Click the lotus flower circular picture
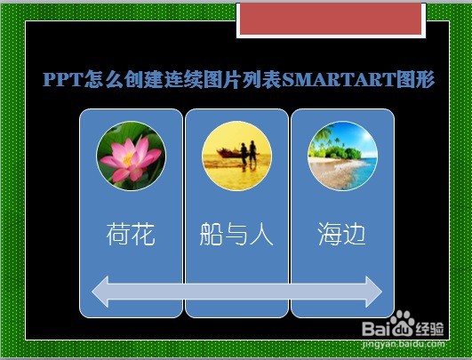(131, 156)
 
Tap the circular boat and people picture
(236, 156)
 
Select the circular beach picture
(342, 156)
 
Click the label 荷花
(131, 234)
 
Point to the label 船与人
(236, 234)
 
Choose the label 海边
(342, 234)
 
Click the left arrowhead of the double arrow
(100, 292)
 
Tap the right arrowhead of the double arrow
(374, 292)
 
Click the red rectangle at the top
(331, 19)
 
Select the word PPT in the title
(62, 79)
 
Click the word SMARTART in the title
(339, 79)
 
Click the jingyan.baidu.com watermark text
(404, 344)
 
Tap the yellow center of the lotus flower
(128, 159)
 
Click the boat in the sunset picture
(229, 153)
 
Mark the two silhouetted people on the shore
(249, 155)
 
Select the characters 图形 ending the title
(415, 79)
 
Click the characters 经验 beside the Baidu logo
(429, 329)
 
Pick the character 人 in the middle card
(261, 234)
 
